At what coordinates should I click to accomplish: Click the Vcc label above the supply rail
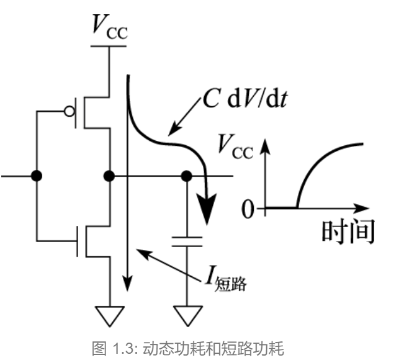110,27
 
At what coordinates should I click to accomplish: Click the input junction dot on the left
37,176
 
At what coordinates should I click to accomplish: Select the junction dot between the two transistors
110,176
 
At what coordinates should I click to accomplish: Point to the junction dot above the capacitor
186,176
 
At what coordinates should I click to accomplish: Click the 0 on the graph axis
248,209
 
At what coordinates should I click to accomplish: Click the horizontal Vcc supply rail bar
110,45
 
